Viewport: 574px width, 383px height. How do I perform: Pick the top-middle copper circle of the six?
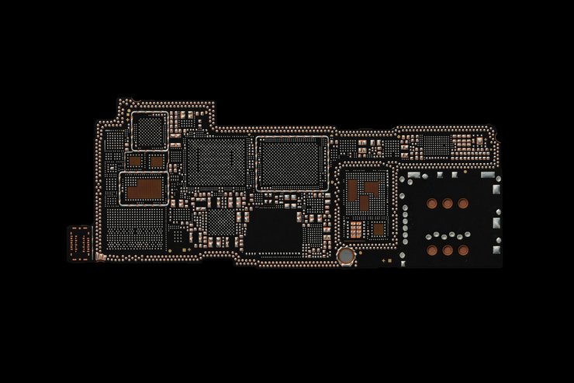tap(448, 204)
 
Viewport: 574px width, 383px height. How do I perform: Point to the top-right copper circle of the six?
tap(463, 204)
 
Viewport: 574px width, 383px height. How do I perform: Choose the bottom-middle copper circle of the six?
tap(448, 250)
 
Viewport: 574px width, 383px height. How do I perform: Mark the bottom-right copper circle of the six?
tap(463, 250)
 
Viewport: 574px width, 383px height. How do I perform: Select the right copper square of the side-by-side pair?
tap(156, 162)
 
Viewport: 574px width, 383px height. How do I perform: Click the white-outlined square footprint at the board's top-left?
tap(150, 130)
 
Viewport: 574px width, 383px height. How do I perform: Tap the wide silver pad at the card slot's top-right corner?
tap(487, 178)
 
